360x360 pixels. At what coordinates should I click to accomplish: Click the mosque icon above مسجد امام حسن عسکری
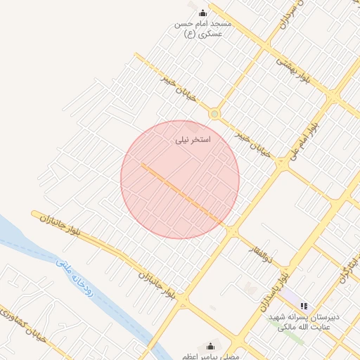[203, 13]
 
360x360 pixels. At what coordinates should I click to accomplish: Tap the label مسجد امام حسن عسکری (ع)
[202, 28]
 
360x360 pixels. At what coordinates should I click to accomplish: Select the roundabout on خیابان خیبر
[214, 114]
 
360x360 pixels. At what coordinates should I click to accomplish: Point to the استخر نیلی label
[193, 139]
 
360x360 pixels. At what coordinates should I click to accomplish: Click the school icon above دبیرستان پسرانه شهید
[304, 306]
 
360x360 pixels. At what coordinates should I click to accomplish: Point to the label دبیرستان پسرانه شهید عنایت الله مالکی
[304, 322]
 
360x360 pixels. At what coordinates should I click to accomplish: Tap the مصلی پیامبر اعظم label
[210, 356]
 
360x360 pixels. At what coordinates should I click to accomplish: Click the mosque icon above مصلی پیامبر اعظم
[210, 345]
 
